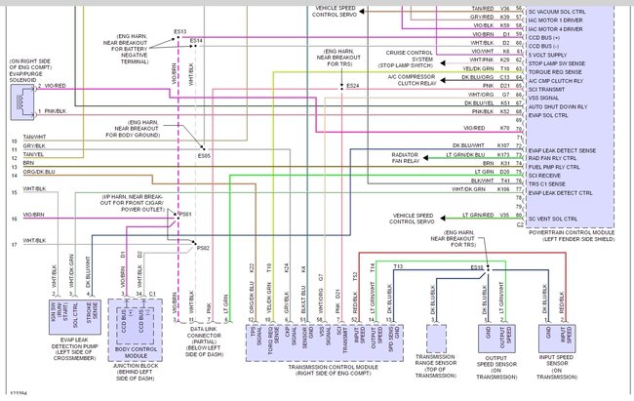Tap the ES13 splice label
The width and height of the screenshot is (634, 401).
coord(180,32)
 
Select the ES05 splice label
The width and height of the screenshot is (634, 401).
coord(204,156)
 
